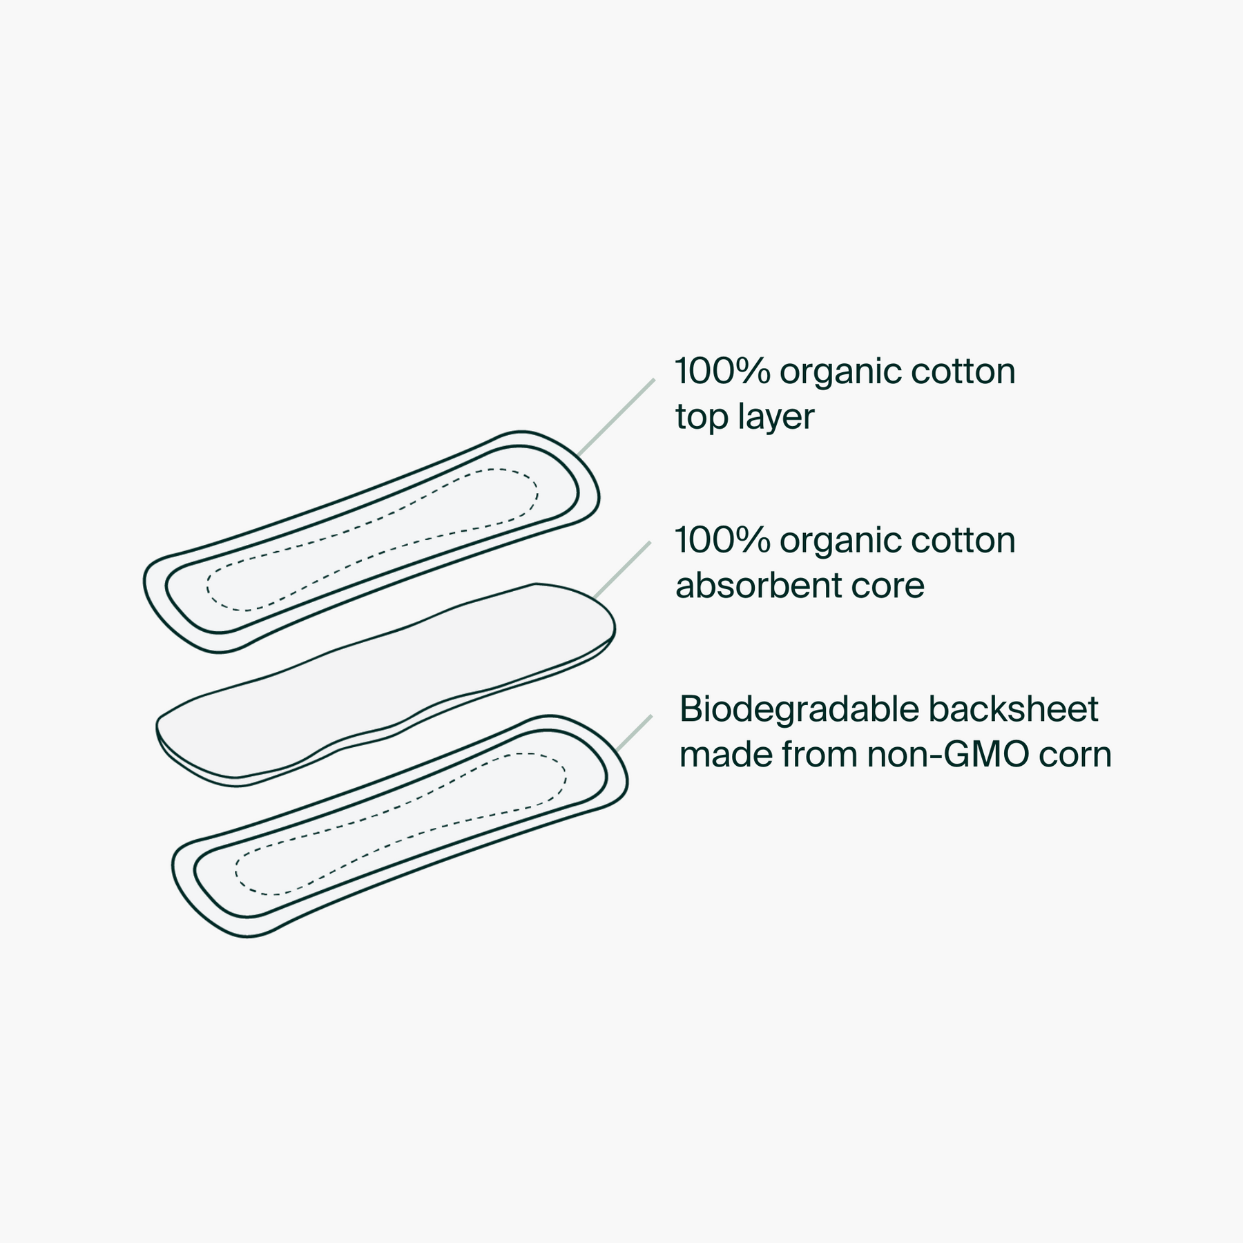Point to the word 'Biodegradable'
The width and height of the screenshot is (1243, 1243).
tap(800, 709)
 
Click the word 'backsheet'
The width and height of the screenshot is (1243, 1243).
tap(1013, 709)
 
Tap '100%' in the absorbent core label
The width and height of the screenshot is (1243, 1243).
tap(722, 541)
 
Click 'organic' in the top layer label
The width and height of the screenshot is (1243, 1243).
tap(840, 373)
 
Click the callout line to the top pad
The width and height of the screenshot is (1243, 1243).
tap(616, 417)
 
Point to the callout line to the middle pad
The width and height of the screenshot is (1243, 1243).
tap(621, 570)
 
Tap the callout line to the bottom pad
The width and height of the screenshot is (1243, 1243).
tap(634, 733)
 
